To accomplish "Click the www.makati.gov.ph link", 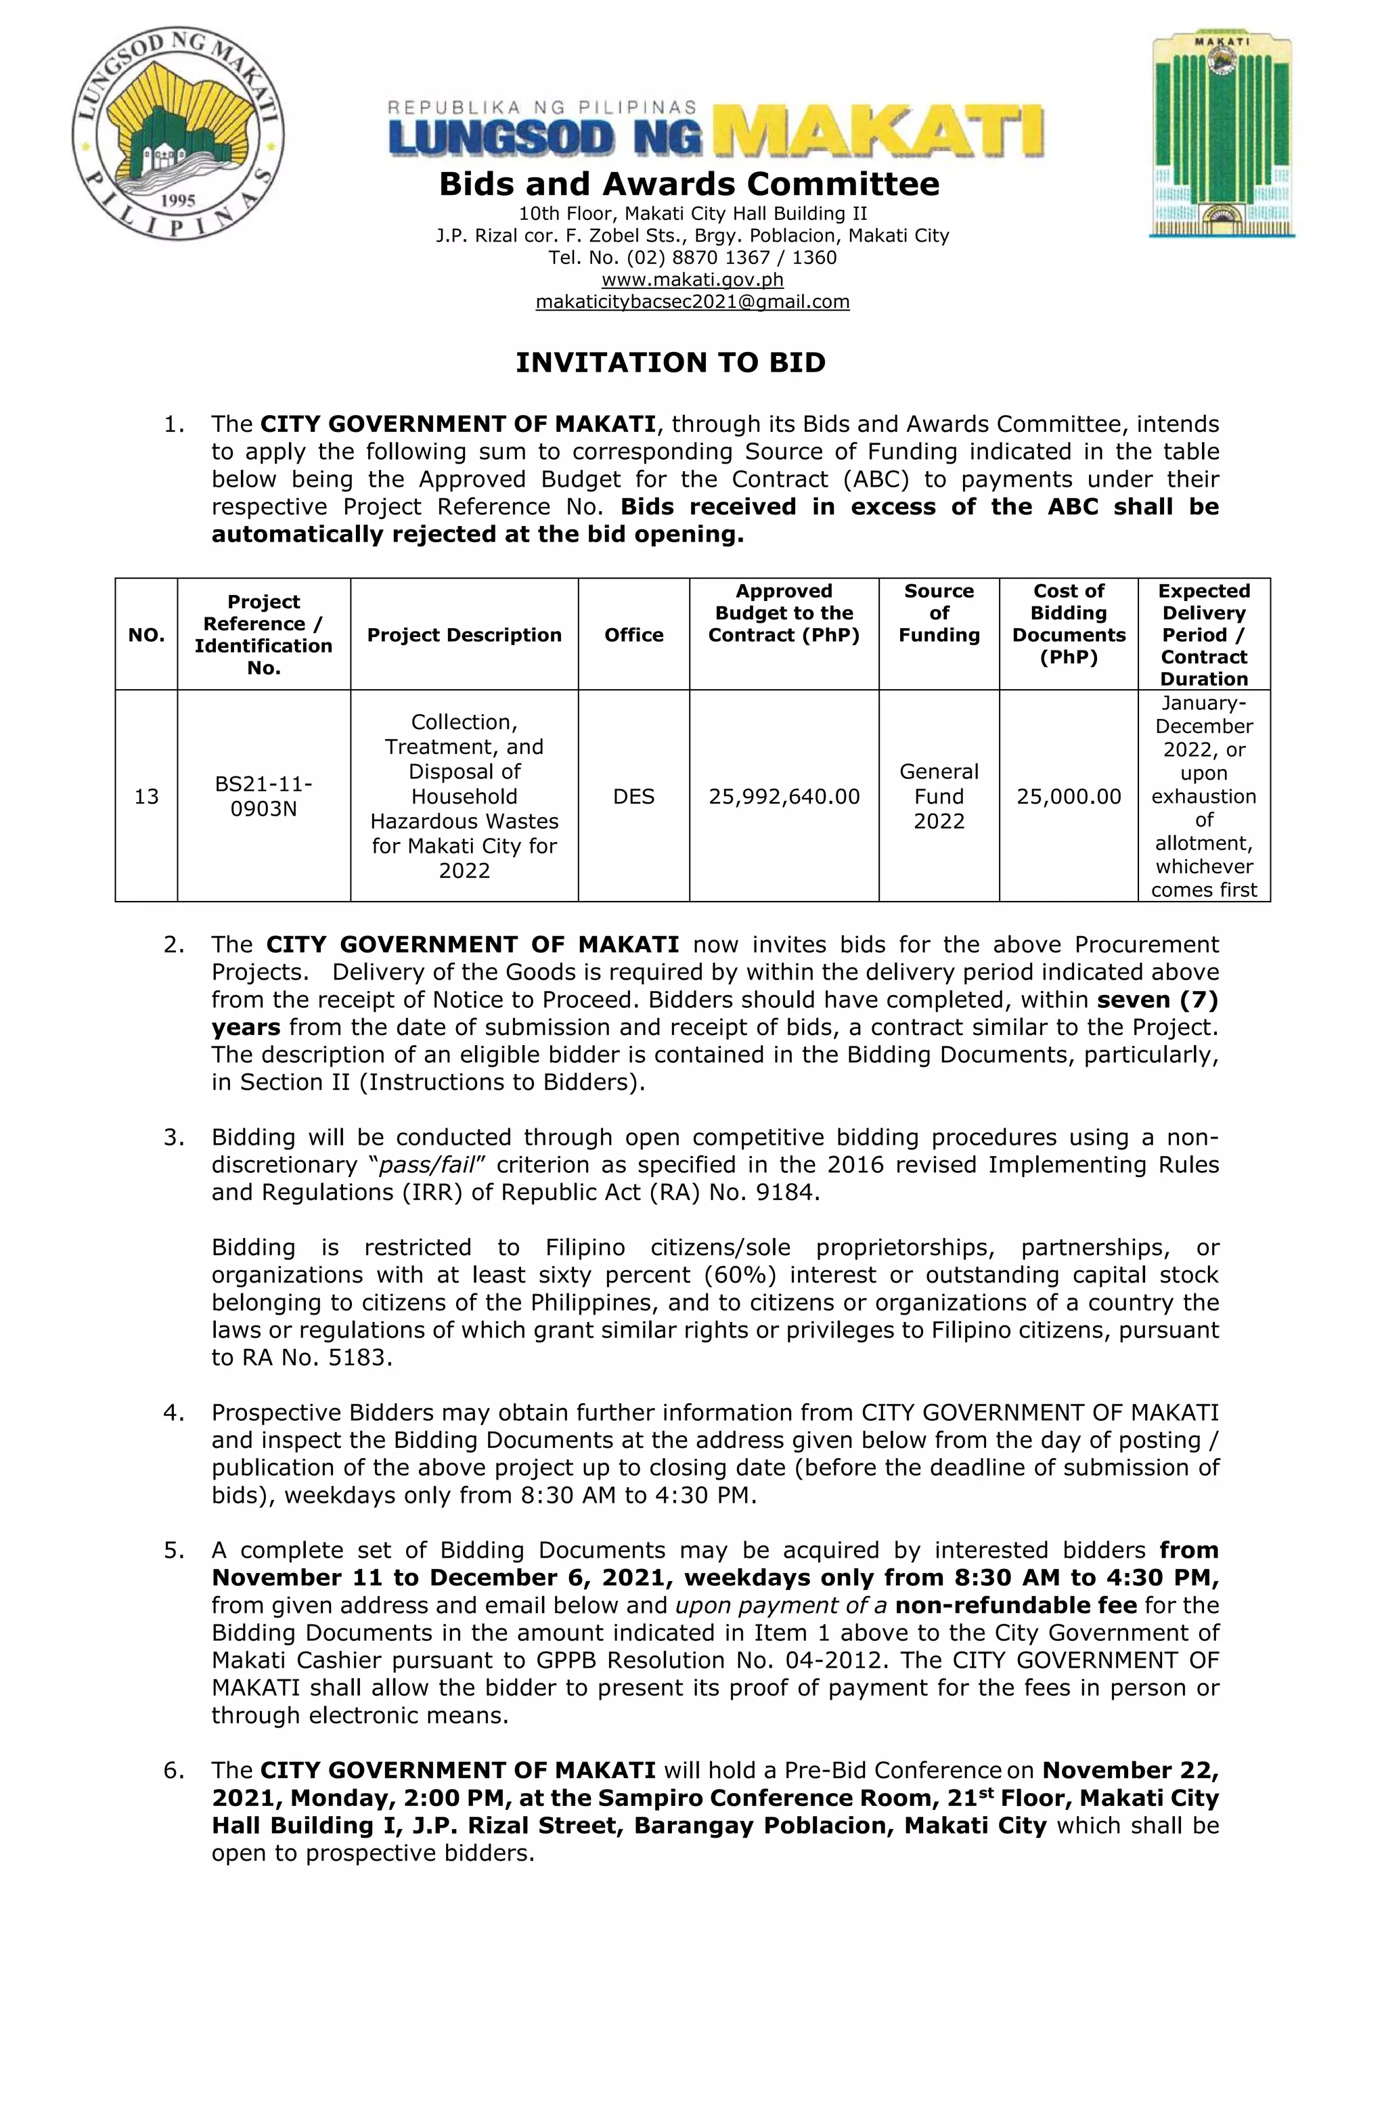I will click(692, 280).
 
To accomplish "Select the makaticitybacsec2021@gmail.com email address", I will click(692, 302).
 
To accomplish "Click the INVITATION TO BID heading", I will click(671, 363).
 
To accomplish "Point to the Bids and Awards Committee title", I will click(688, 184).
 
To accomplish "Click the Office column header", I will click(633, 635).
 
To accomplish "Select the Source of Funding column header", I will click(939, 613).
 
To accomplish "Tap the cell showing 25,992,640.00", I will click(784, 796).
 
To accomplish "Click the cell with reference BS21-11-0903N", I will click(264, 796).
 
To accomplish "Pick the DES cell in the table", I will click(633, 796).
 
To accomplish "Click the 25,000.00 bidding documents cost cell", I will click(1068, 796).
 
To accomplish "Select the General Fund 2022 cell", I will click(939, 796).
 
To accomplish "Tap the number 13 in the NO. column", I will click(146, 796).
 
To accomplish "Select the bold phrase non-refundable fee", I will click(1015, 1605).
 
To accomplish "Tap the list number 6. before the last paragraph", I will click(174, 1770).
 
